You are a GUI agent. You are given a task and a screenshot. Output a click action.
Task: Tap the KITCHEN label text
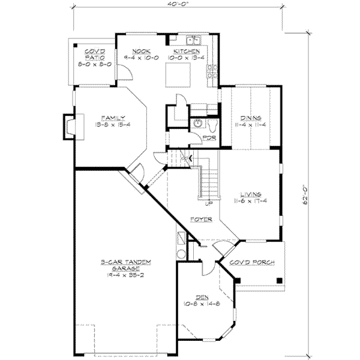click(x=182, y=51)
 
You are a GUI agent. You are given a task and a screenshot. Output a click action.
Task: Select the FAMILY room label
click(x=110, y=117)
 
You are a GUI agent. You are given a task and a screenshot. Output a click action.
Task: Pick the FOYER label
click(x=201, y=220)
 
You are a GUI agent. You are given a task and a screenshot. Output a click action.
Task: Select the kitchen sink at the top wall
click(x=194, y=41)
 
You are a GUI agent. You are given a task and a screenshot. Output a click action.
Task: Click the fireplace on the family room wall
click(x=70, y=127)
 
